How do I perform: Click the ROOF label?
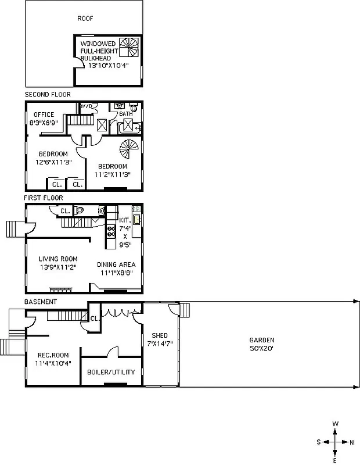(85, 18)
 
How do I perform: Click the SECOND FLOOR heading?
(48, 94)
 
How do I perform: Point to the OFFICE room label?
(44, 115)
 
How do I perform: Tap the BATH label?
(125, 115)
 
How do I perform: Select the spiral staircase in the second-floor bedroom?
(127, 151)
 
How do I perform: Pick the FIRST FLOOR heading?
(44, 198)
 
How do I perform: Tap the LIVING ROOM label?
(58, 259)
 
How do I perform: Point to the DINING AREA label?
(117, 264)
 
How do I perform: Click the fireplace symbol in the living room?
(60, 289)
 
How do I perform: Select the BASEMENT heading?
(41, 302)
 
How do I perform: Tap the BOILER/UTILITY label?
(111, 372)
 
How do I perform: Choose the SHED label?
(160, 336)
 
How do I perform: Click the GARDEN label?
(262, 340)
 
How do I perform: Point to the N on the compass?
(351, 442)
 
